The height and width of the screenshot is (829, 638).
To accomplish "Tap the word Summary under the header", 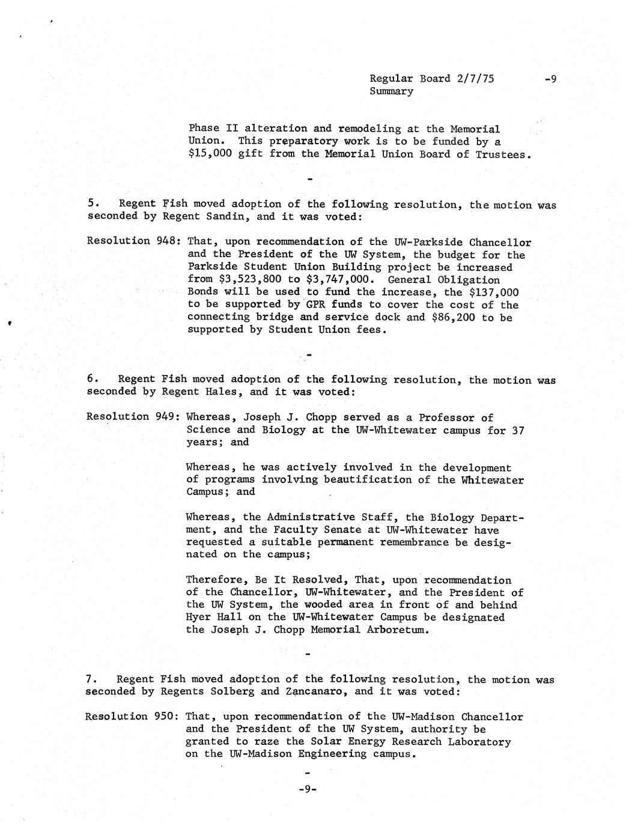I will pos(391,91).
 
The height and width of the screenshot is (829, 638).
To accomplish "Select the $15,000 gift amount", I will pos(210,154).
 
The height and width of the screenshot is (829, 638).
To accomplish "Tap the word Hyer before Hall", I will pos(198,617).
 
